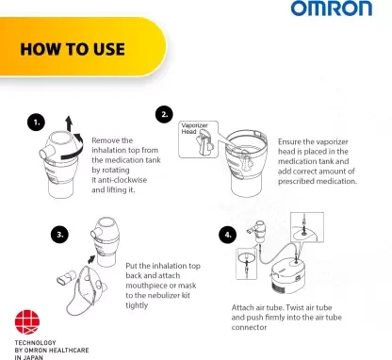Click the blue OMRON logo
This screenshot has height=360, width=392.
coord(332,8)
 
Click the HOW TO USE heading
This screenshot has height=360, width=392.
coord(73,49)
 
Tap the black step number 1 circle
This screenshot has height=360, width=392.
coord(36,123)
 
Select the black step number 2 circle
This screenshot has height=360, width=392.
coord(164,114)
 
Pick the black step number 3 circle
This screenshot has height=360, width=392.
coord(59,235)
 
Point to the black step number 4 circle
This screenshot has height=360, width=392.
coord(227,235)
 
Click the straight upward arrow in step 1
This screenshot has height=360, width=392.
coord(69,123)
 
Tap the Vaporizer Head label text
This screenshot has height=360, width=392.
coord(194,128)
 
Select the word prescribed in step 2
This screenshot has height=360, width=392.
coord(296,181)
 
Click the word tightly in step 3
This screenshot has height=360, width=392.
coord(137,305)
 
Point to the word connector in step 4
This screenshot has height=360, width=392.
coord(249,327)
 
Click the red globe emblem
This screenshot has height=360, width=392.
coord(27,322)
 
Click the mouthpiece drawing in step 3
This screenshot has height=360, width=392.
coord(66,277)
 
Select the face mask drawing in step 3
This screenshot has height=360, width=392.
coord(87,289)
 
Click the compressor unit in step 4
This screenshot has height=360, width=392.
coord(288,272)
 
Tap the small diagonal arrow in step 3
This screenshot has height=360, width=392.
coord(91,259)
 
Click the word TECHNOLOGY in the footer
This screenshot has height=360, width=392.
coord(35,343)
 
